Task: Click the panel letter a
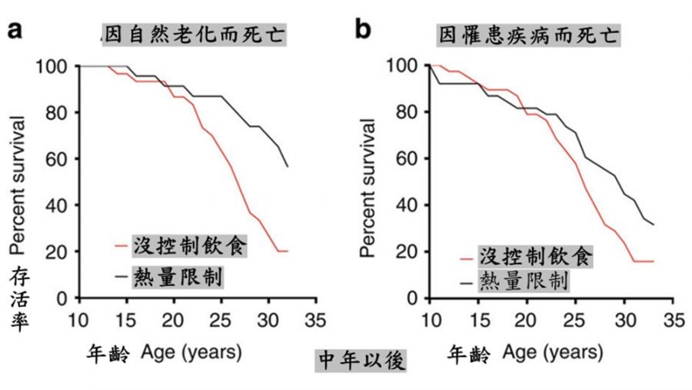pyautogui.click(x=15, y=30)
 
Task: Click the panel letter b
pyautogui.click(x=363, y=30)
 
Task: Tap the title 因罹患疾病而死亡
pyautogui.click(x=530, y=35)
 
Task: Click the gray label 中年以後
pyautogui.click(x=361, y=361)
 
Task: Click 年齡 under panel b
pyautogui.click(x=468, y=354)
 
